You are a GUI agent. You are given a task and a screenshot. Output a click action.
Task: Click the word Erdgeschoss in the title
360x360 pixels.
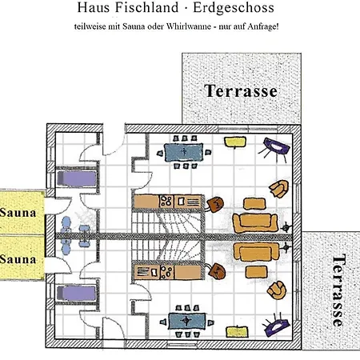pyautogui.click(x=234, y=7)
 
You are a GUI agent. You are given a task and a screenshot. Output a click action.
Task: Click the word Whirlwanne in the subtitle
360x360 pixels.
pyautogui.click(x=188, y=26)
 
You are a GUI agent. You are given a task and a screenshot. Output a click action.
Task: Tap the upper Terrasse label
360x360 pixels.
pyautogui.click(x=241, y=91)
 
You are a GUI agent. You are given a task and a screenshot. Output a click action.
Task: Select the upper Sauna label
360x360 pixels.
pyautogui.click(x=18, y=213)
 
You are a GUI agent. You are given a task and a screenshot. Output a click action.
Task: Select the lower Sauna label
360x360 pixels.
pyautogui.click(x=18, y=259)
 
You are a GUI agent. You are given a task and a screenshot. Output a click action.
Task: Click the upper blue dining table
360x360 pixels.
pyautogui.click(x=183, y=152)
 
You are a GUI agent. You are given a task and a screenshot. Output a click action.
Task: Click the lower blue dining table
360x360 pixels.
pyautogui.click(x=187, y=321)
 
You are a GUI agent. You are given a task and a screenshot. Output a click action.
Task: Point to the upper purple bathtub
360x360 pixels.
pyautogui.click(x=77, y=178)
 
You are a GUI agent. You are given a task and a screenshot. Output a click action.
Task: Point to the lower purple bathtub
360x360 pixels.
pyautogui.click(x=76, y=294)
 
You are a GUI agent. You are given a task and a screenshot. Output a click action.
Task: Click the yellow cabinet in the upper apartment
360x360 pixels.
pyautogui.click(x=235, y=142)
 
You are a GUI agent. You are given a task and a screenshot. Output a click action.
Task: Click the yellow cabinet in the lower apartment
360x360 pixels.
pyautogui.click(x=238, y=331)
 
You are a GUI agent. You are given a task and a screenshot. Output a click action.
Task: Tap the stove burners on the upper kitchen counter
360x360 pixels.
pyautogui.click(x=166, y=202)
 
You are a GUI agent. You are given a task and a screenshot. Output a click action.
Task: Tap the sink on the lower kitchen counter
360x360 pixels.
pyautogui.click(x=154, y=272)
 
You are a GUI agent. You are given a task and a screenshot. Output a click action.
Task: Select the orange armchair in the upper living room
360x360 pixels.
pyautogui.click(x=279, y=189)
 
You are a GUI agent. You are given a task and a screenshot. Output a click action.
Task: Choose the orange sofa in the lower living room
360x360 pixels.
pyautogui.click(x=256, y=252)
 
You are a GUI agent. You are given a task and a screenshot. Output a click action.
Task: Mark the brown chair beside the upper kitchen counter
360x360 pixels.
pyautogui.click(x=215, y=204)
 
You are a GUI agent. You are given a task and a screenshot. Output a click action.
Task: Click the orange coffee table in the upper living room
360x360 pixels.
pyautogui.click(x=254, y=203)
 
